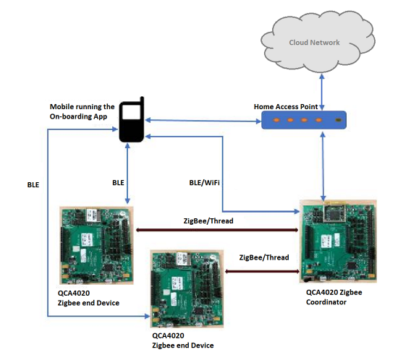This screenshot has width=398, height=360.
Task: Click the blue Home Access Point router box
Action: [305, 119]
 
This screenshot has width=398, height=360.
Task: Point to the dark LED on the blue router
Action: [337, 119]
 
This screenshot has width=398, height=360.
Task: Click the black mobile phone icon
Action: [131, 121]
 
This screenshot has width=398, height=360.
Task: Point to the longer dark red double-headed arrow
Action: [217, 231]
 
